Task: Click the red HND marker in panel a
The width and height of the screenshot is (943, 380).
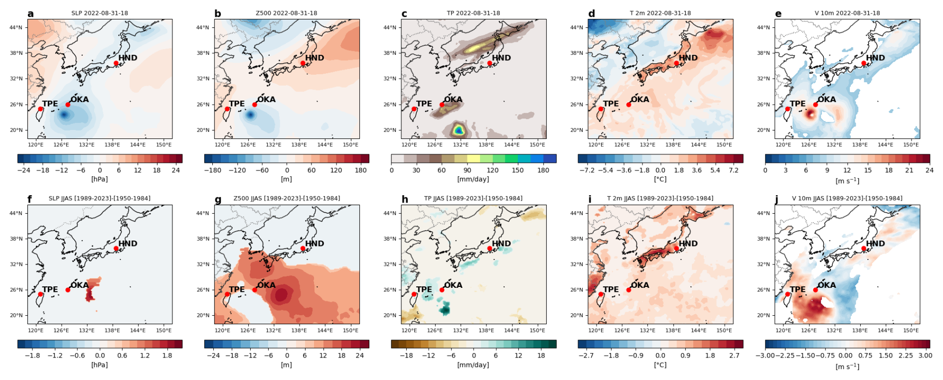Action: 116,63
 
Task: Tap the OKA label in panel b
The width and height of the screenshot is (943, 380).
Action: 266,99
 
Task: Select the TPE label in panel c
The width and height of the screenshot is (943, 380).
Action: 424,104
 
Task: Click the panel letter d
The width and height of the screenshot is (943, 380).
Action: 591,13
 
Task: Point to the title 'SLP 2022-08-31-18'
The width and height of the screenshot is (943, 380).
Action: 100,13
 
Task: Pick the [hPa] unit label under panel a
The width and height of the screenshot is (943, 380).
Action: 100,179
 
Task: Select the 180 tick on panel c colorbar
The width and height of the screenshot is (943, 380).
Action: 543,170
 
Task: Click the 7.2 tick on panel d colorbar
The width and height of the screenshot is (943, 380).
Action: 734,170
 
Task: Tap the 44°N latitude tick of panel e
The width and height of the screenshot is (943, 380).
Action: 763,27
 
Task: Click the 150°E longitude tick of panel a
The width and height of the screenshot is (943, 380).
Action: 163,144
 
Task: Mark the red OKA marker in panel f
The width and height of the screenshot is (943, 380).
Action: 68,290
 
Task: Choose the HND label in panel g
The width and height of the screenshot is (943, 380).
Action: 314,244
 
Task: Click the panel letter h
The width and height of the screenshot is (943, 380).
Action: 405,199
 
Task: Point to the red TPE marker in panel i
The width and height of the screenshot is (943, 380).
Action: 601,294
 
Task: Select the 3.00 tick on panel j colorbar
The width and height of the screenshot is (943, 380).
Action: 925,356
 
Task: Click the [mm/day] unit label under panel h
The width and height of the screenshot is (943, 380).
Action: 473,365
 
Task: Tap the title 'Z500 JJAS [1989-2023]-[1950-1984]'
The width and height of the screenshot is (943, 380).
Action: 287,198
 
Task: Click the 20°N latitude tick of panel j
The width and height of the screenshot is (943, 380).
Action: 763,315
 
